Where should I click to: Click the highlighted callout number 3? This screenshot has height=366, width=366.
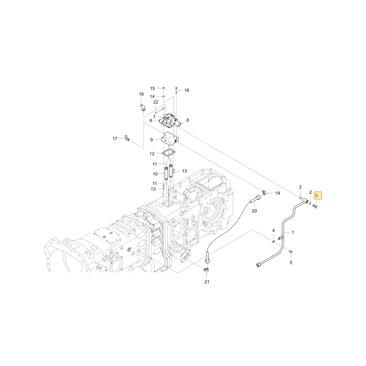pos(316,195)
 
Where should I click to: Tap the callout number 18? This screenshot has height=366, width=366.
pos(141,94)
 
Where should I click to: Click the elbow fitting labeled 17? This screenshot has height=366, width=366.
pos(127,138)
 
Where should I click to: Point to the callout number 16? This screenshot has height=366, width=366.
pos(187,90)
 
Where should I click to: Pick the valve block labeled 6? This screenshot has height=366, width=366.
pos(169,121)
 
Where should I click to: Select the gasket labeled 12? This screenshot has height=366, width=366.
pos(168,153)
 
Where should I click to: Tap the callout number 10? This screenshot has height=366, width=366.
pos(155,174)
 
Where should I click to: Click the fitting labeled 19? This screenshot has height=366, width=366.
pos(264,193)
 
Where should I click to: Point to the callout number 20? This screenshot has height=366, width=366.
pos(254,211)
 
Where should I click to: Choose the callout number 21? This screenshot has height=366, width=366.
pos(207,282)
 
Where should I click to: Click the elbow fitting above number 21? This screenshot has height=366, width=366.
pos(206,269)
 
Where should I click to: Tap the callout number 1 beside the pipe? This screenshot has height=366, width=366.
pos(293,232)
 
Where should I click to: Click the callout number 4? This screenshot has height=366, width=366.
pos(273,231)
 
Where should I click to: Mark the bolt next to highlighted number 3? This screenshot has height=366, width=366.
pos(315,206)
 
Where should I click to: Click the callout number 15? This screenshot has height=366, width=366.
pos(152,89)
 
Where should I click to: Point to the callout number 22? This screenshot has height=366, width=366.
pos(156,102)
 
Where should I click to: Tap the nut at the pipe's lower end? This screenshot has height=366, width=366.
pos(258,265)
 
